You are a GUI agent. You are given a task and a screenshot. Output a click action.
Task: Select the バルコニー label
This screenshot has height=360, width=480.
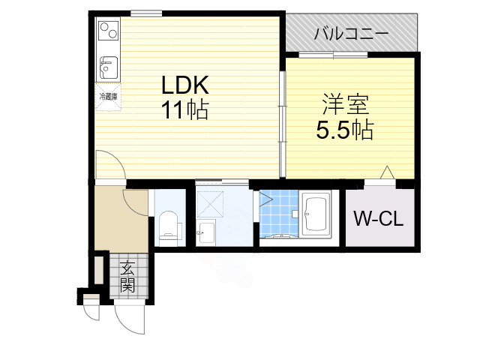(349, 34)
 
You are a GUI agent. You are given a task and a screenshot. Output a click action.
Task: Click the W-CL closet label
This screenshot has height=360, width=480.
(378, 220)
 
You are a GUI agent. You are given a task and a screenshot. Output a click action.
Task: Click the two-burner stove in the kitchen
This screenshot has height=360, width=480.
(106, 31)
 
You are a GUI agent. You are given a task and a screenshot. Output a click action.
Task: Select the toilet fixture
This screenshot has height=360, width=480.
(169, 225)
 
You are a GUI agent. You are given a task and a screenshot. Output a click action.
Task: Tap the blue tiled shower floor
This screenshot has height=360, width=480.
(279, 214)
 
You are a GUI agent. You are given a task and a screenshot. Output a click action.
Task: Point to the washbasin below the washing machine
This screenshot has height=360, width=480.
(205, 233)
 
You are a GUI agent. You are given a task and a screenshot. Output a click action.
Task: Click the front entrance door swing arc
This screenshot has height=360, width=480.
(129, 319)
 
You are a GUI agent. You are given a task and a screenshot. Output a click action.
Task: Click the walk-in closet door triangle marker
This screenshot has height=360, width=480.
(387, 172)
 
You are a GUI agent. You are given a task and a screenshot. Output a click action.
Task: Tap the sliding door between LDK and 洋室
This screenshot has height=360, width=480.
(283, 124)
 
